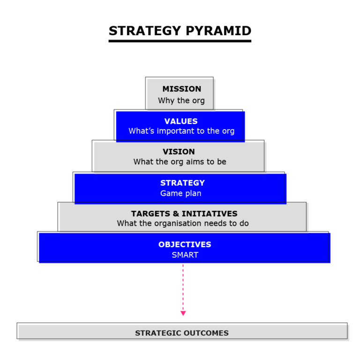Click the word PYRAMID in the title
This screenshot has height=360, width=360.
point(219,31)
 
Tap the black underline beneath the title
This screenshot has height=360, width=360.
point(180,41)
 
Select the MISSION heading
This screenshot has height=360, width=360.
point(181,89)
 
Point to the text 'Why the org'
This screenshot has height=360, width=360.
point(181,100)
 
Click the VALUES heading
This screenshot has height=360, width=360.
point(181,121)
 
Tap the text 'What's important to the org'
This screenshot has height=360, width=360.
point(181,131)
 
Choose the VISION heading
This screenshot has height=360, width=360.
point(179,152)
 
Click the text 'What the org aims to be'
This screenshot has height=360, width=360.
point(180,161)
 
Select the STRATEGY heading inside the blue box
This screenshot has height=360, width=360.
point(182,183)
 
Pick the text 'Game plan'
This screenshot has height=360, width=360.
point(180,193)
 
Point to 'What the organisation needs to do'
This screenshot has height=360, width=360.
point(183,223)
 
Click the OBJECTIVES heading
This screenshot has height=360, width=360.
point(185,245)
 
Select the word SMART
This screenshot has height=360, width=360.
point(185,255)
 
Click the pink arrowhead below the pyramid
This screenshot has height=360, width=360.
point(183,313)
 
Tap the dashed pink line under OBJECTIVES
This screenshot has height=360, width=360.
point(183,286)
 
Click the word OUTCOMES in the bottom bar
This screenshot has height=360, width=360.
point(206,333)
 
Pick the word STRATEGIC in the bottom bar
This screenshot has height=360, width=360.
point(157,333)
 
